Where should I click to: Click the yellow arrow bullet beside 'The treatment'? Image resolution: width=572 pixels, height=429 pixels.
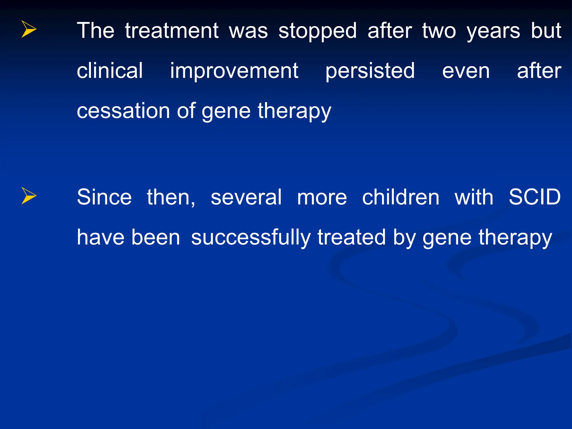[x=29, y=29]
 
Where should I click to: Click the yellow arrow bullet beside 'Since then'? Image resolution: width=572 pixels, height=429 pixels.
[x=29, y=196]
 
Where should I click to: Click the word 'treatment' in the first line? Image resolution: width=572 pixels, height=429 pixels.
[x=171, y=31]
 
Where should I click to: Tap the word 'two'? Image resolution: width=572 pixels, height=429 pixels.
[x=439, y=31]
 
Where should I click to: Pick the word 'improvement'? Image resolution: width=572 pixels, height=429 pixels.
[x=234, y=71]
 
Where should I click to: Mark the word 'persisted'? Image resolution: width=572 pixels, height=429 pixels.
[x=370, y=71]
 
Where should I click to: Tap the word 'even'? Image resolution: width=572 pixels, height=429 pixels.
[x=466, y=71]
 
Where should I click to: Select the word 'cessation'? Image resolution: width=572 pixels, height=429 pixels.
[x=123, y=111]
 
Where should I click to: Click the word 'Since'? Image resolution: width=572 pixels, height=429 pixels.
[x=104, y=197]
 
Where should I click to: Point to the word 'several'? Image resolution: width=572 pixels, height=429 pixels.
[x=246, y=197]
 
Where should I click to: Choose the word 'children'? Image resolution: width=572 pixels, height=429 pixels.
[x=401, y=197]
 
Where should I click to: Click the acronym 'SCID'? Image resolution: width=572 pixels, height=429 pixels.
[x=535, y=197]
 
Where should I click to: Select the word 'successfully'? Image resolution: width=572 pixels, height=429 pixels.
[x=251, y=238]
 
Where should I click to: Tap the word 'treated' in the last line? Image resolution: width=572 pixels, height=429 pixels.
[x=352, y=237]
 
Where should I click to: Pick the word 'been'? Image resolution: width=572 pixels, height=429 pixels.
[x=156, y=237]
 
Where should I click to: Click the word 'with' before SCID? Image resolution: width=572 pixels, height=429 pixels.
[x=474, y=197]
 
